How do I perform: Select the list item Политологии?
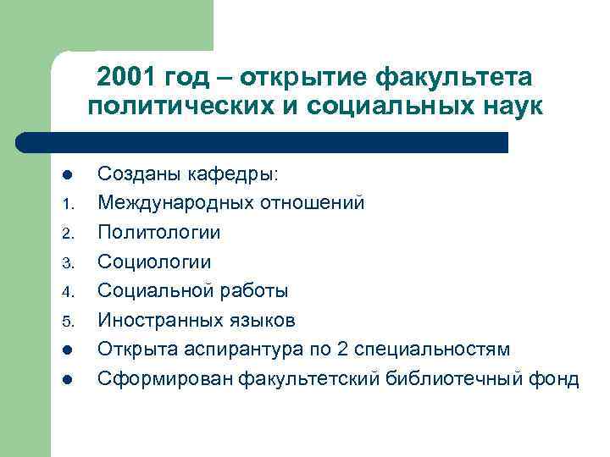coord(159,233)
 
